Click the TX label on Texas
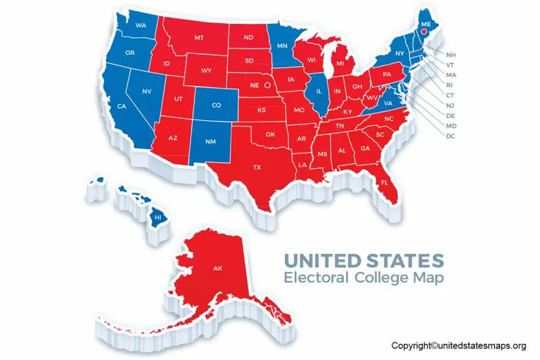tap(257, 167)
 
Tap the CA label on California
tap(122, 106)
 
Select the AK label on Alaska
tap(218, 268)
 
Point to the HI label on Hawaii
tap(158, 219)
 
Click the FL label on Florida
tap(385, 182)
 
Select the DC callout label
tap(451, 136)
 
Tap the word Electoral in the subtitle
tap(315, 278)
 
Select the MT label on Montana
tap(199, 37)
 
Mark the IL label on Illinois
tap(319, 91)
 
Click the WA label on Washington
tap(141, 25)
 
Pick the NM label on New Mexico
tap(210, 141)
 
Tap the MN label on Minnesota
tap(283, 46)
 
